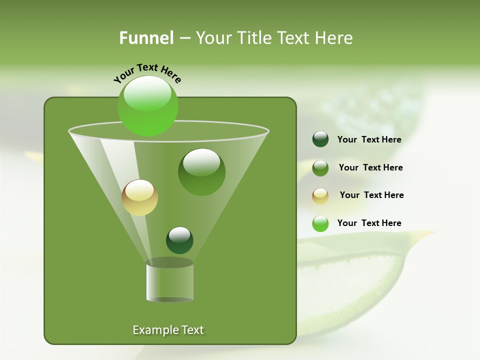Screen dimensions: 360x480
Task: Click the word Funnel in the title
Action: point(146,38)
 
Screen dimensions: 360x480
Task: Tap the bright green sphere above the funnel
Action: point(148,105)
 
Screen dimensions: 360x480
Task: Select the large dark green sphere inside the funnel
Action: point(201,172)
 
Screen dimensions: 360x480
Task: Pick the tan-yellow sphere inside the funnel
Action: point(139,197)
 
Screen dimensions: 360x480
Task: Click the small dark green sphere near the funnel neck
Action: point(179,240)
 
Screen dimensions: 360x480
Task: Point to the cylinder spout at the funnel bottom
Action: point(170,282)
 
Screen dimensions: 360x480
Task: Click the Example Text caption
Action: point(168,330)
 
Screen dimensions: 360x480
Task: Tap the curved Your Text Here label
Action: point(147,73)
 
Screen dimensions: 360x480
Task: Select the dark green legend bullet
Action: point(320,139)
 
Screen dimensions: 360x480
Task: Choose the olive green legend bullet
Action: point(320,168)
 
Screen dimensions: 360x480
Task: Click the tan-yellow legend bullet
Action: point(320,196)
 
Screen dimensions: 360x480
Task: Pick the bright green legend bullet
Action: point(320,223)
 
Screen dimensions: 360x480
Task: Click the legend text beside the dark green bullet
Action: point(369,140)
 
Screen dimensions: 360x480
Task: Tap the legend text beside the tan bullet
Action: point(371,195)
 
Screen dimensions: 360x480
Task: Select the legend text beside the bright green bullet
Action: point(369,223)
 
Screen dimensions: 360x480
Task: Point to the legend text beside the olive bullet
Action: point(370,167)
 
